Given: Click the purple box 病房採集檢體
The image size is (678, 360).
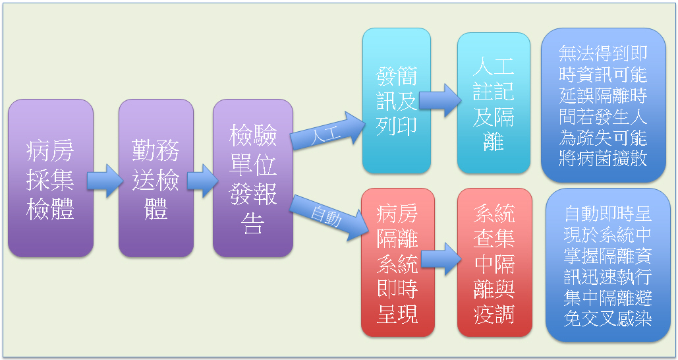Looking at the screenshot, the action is click(x=51, y=178).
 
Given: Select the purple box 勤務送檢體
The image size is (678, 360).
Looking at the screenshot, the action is click(x=156, y=178).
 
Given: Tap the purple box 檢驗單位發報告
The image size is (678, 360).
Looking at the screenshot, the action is click(x=253, y=178).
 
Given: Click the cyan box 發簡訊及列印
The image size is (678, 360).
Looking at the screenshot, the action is click(x=397, y=101).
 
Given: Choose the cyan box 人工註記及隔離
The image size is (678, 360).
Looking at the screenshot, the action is click(x=494, y=103).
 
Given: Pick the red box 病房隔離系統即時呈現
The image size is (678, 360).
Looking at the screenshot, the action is click(x=398, y=262).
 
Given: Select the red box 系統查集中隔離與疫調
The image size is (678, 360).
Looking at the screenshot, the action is click(x=495, y=262).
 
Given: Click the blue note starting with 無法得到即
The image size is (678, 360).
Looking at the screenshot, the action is click(x=603, y=105).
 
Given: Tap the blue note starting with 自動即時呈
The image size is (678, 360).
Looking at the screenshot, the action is click(x=608, y=265).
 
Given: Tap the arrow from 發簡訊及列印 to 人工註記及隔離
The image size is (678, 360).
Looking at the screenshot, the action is click(x=440, y=100).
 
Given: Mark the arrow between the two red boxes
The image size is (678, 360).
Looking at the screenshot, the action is click(x=441, y=259).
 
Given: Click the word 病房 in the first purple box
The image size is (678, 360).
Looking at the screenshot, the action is click(x=50, y=150).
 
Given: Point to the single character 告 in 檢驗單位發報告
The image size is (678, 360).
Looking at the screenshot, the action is click(x=253, y=223).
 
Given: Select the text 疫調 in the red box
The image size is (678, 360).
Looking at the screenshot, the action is click(x=494, y=314).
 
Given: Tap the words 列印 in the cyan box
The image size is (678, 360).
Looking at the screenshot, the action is click(x=397, y=126).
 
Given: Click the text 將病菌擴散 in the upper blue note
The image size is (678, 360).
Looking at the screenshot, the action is click(x=603, y=158).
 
